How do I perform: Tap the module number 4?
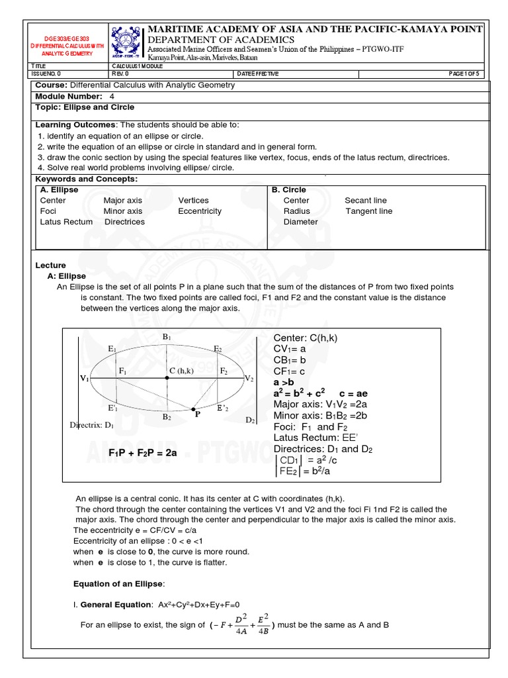[112, 96]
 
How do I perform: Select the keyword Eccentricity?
[200, 211]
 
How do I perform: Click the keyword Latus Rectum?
[66, 222]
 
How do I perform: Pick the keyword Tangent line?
[368, 211]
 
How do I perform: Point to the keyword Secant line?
[366, 201]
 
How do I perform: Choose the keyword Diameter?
[300, 222]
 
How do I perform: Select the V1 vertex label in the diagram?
[85, 378]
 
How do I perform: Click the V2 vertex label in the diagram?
[249, 378]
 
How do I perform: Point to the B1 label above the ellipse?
[167, 337]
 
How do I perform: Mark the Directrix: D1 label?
[92, 424]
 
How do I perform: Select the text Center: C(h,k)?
[306, 338]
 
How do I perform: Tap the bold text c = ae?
[353, 393]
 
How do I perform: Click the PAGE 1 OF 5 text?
[466, 73]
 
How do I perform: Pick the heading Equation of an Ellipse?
[118, 583]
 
